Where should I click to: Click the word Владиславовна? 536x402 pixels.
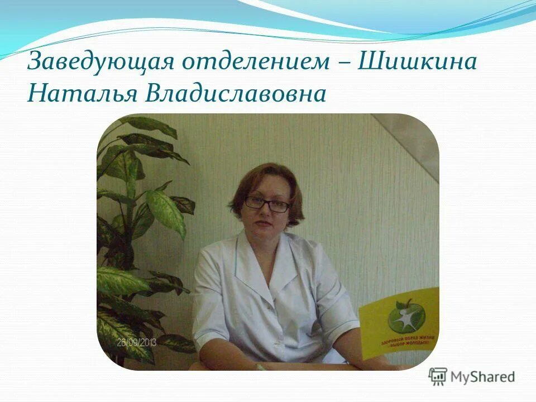click(x=234, y=93)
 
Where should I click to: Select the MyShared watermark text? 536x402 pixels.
click(x=484, y=377)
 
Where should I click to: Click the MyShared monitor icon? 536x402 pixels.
click(x=438, y=377)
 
